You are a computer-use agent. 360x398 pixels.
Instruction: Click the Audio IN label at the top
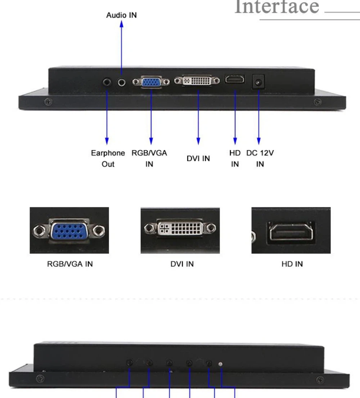click(x=121, y=15)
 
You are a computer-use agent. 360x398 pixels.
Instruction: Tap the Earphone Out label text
click(x=108, y=158)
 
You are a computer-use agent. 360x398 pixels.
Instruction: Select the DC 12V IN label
click(x=260, y=158)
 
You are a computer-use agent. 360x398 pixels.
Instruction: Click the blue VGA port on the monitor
click(x=151, y=82)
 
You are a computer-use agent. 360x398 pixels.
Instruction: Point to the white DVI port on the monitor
click(x=197, y=81)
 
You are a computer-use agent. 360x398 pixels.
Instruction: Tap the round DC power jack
click(x=258, y=82)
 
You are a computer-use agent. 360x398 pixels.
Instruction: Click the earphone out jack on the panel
click(x=107, y=82)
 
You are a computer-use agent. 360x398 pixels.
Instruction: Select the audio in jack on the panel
click(x=122, y=82)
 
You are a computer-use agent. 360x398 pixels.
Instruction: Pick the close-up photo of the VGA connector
click(x=69, y=230)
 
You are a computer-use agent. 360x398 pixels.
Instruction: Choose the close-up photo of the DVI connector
click(x=180, y=230)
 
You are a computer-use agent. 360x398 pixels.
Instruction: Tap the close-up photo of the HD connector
click(x=291, y=230)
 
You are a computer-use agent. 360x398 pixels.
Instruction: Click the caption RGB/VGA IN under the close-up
click(x=70, y=264)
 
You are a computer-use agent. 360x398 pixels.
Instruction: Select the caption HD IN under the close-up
click(x=292, y=264)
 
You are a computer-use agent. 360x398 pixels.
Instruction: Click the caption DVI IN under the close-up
click(x=182, y=264)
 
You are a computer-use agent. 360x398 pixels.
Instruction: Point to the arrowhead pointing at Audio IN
click(x=122, y=24)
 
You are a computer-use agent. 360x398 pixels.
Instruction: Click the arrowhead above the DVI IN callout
click(x=198, y=141)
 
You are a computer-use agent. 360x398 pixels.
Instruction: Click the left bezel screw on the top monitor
click(x=48, y=102)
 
